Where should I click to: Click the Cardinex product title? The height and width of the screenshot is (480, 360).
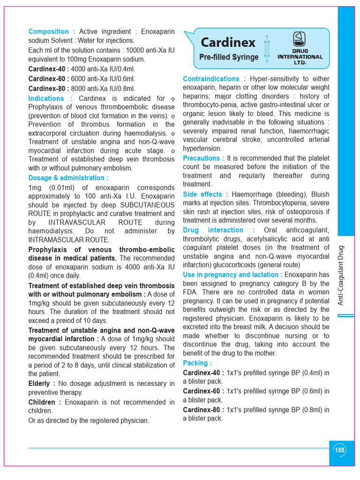(228, 43)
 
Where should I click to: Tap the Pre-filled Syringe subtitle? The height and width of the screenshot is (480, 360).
(229, 57)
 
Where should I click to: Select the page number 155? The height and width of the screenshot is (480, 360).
(339, 450)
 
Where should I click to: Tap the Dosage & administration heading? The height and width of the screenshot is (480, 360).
(68, 178)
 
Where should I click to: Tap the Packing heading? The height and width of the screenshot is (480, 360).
(197, 363)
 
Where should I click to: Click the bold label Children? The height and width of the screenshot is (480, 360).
(45, 402)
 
